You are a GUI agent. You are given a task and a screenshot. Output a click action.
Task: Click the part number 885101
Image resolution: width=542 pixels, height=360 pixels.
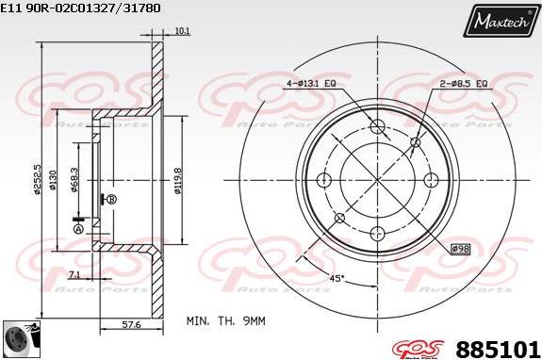point(498,346)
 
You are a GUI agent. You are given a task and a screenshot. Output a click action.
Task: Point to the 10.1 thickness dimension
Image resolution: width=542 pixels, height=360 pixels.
point(183,31)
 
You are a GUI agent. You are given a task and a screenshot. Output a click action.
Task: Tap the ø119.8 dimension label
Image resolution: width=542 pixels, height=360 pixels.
point(177,177)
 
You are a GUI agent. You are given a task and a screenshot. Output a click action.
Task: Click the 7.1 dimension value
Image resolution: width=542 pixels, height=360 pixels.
point(75,274)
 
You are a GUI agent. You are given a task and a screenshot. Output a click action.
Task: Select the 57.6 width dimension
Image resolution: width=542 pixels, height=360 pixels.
point(133,325)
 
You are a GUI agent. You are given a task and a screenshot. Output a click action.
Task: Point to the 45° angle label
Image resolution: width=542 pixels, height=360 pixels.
point(336,278)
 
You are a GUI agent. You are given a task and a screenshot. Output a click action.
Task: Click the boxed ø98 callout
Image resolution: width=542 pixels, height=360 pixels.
point(460,248)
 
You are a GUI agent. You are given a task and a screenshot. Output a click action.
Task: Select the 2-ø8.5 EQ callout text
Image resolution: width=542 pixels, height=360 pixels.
point(463,84)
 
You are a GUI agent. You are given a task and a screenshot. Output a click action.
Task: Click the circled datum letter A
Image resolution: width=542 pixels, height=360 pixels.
point(78,228)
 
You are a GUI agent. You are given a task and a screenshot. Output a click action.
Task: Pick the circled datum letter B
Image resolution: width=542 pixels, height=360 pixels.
point(112,199)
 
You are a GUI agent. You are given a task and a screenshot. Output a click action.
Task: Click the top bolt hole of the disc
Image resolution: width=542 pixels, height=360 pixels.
point(377,128)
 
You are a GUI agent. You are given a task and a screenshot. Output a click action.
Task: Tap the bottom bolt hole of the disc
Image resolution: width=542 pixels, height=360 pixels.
point(377,234)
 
